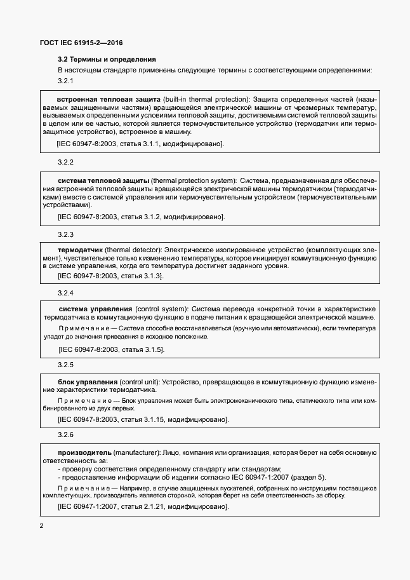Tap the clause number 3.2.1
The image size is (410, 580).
[x=66, y=81]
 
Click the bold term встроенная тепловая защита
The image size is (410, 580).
[x=108, y=100]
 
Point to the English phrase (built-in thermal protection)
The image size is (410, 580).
[x=205, y=100]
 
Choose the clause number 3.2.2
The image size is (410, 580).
[x=66, y=163]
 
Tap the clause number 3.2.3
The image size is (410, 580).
[x=66, y=234]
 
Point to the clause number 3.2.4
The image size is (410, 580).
[x=66, y=293]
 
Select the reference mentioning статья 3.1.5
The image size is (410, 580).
[x=111, y=349]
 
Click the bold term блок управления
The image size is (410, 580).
[x=87, y=382]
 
